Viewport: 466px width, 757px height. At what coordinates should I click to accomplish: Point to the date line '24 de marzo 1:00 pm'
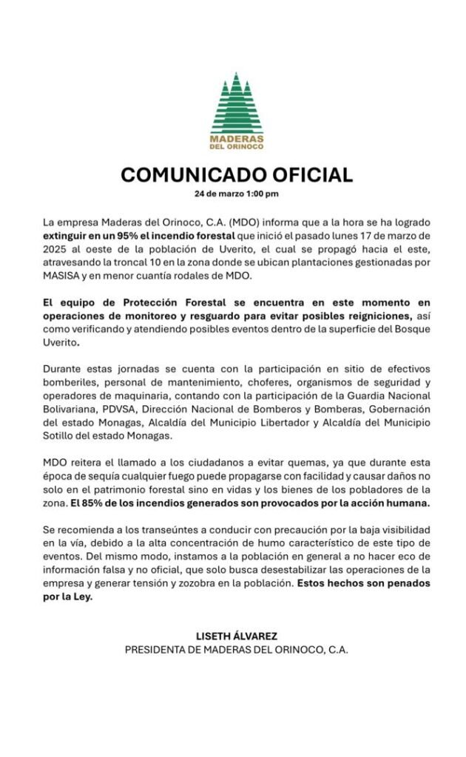pyautogui.click(x=236, y=194)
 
